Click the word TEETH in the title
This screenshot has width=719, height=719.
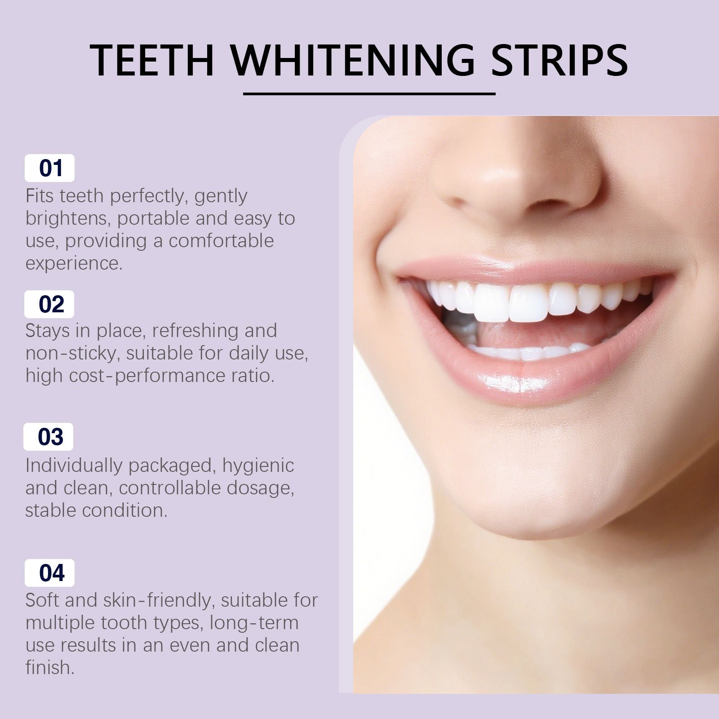[152, 60]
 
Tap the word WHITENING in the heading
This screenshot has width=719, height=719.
[353, 60]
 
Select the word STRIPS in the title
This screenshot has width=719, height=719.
[559, 60]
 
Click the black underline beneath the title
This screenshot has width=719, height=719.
[369, 94]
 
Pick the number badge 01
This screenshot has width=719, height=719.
[49, 168]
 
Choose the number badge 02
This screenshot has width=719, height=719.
[49, 304]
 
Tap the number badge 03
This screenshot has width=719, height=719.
[49, 437]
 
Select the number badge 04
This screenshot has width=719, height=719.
[49, 573]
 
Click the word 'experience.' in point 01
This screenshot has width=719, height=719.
[74, 264]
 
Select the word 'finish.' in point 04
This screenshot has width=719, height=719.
[50, 667]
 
